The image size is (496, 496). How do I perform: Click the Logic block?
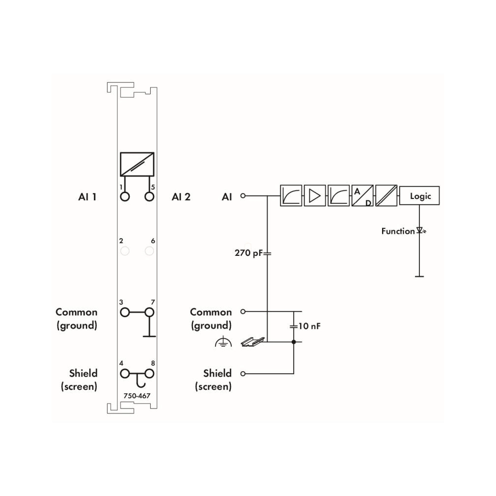(x=419, y=196)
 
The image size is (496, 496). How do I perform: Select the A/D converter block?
(x=362, y=196)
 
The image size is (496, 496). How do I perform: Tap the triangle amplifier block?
(x=315, y=196)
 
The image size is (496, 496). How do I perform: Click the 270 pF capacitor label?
(x=248, y=253)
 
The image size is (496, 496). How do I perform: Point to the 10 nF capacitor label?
(x=309, y=326)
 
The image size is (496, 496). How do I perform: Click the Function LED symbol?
(x=421, y=230)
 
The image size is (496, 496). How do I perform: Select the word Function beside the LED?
(x=398, y=231)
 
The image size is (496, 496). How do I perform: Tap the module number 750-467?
(x=137, y=396)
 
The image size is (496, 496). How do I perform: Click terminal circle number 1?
(x=125, y=197)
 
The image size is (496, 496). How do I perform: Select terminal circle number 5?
(x=149, y=197)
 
